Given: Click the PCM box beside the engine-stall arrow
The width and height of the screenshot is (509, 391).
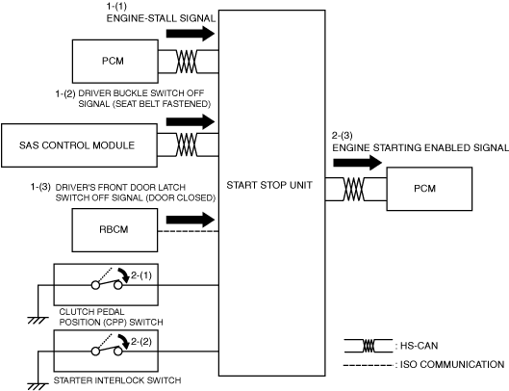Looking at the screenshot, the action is coord(115,61).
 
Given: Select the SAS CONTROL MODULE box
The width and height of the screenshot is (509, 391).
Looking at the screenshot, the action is coord(80,145).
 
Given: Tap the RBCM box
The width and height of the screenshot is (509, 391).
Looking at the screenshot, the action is coord(115,230).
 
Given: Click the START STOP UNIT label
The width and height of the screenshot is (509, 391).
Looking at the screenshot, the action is coord(269,185).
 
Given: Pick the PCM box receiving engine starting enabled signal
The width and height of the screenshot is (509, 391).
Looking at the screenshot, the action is coord(429,189).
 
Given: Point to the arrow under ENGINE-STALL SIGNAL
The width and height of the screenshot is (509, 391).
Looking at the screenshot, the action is coord(191,34).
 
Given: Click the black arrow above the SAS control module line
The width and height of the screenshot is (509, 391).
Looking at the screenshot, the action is coord(191,121).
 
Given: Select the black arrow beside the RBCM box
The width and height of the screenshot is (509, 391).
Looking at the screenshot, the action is coord(191,220).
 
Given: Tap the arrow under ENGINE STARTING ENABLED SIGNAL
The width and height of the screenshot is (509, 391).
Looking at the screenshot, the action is coord(358,163).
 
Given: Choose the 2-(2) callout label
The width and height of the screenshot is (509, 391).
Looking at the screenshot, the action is coord(141,342).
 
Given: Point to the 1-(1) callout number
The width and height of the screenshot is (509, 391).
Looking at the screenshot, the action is coord(116,6).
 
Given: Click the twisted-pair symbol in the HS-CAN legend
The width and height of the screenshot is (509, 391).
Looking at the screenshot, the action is coord(369,346).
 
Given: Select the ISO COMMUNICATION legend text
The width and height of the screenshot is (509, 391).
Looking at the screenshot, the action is coord(452,364).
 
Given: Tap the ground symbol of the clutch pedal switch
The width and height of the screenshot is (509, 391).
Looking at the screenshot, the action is coord(38,321).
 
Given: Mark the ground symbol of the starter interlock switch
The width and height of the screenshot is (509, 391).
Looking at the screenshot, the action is coord(38,386).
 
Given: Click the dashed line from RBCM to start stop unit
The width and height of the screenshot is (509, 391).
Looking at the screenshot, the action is coord(189,231).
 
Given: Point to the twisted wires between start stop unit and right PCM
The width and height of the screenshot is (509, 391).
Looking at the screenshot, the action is coord(354,189).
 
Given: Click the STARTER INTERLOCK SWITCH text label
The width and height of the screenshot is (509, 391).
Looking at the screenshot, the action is coord(117,380).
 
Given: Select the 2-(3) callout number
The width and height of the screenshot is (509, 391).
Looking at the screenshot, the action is coord(343,136).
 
